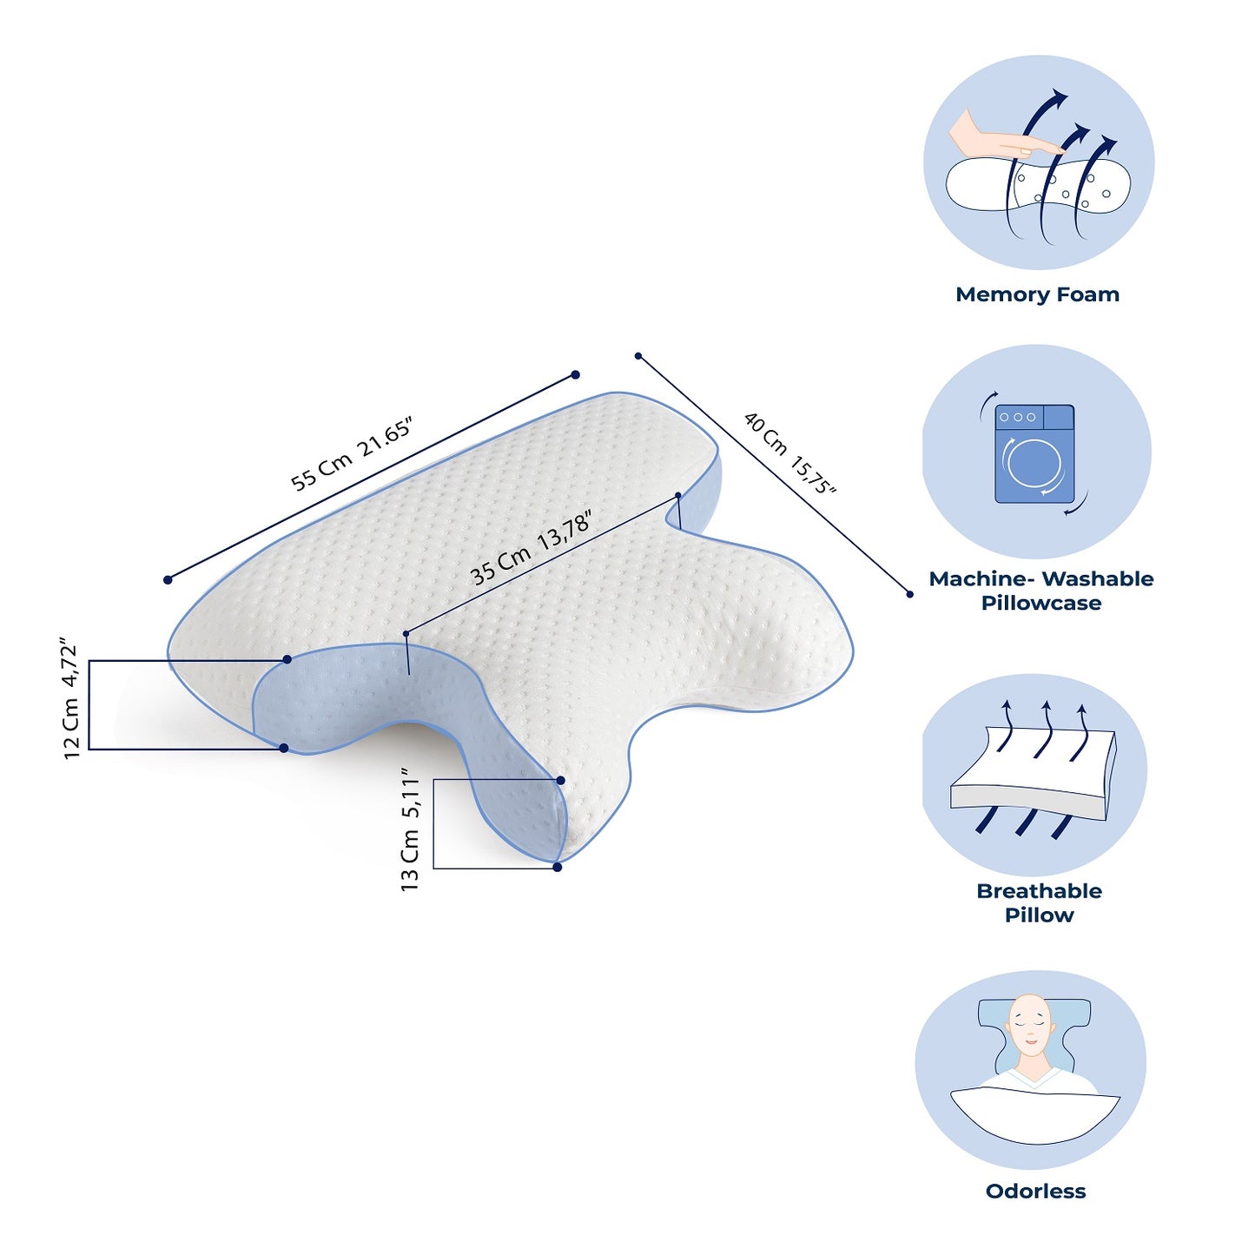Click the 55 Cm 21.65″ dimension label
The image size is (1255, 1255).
(352, 454)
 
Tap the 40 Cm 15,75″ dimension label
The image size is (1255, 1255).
(790, 452)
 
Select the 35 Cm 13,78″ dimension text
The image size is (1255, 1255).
(531, 549)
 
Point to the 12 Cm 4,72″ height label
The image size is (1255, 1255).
(71, 702)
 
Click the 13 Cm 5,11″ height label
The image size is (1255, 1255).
(409, 829)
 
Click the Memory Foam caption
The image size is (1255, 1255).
(1037, 294)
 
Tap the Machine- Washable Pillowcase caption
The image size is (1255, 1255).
(1040, 590)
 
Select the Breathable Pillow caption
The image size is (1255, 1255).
(1039, 902)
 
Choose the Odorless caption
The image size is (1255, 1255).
(1035, 1192)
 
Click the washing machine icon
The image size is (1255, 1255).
(1034, 453)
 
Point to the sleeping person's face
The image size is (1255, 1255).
(1030, 1032)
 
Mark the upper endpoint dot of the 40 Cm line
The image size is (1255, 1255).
(638, 356)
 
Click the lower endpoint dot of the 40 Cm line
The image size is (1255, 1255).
(910, 594)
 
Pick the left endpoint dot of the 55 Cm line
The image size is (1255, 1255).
(168, 579)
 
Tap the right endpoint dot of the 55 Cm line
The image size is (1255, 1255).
(575, 374)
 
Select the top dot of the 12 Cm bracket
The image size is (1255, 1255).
(287, 660)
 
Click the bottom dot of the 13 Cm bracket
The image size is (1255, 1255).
(557, 867)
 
